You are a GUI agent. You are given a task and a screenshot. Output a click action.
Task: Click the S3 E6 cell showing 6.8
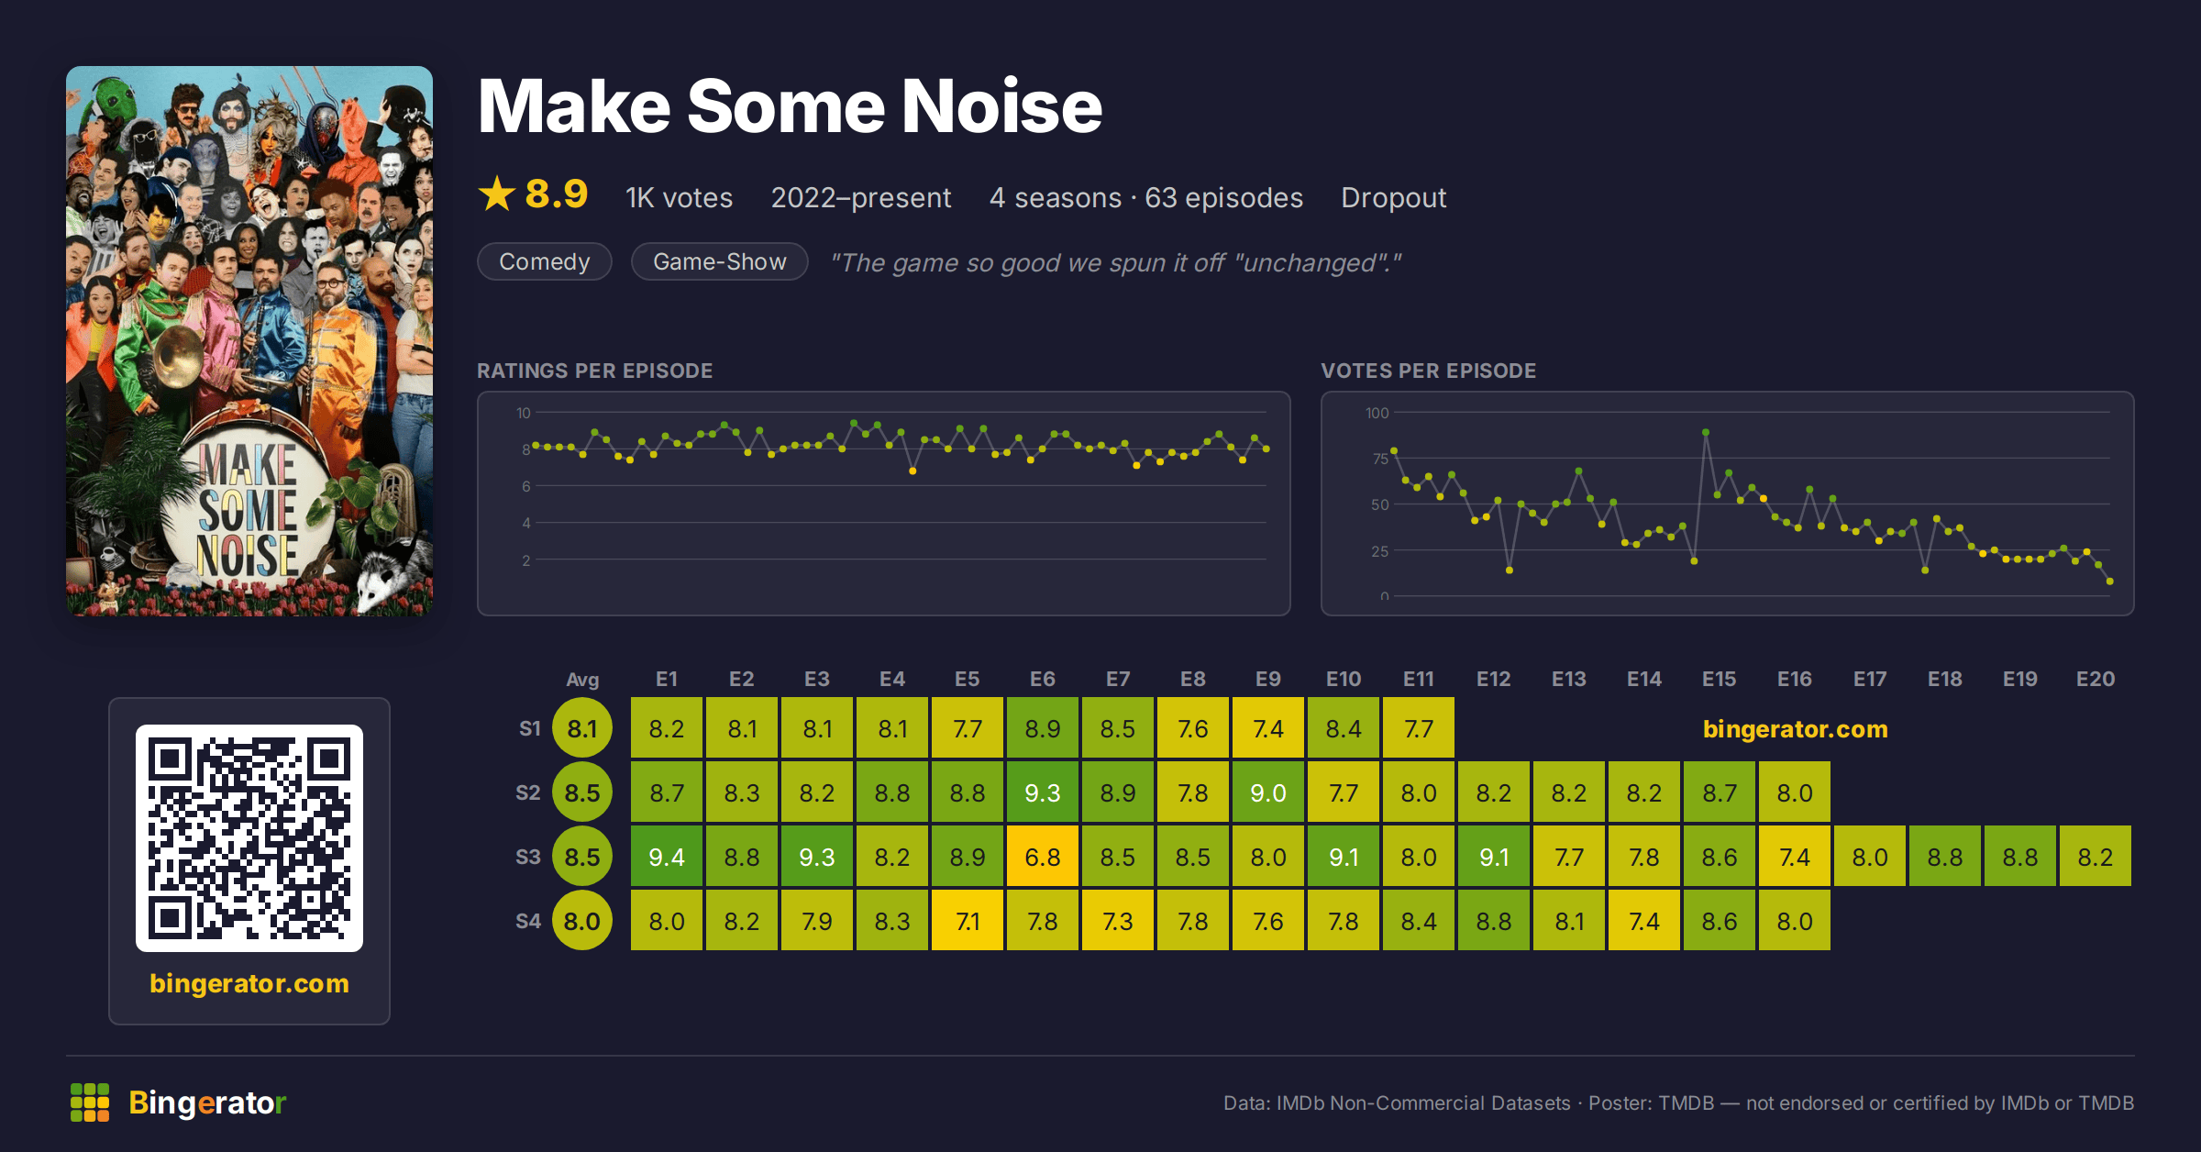click(1043, 856)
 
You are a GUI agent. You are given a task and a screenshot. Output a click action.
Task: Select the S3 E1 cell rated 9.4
click(667, 856)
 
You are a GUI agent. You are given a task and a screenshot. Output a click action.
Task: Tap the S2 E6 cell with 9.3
click(1043, 792)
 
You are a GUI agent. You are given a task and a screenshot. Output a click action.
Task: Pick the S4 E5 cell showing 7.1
click(968, 920)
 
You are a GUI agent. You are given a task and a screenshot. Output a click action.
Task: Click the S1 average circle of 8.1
click(582, 728)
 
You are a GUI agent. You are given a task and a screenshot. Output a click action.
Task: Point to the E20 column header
click(2096, 679)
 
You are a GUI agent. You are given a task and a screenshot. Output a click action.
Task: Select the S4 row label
click(528, 921)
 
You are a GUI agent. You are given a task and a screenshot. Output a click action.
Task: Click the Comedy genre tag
click(545, 261)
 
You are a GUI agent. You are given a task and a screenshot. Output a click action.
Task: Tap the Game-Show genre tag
click(720, 261)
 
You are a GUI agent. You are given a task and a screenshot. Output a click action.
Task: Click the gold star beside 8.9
click(497, 194)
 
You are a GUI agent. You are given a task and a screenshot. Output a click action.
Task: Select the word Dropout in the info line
click(1393, 197)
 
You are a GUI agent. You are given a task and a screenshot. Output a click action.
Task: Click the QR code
click(249, 838)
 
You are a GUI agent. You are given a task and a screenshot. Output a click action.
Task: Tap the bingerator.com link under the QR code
click(249, 983)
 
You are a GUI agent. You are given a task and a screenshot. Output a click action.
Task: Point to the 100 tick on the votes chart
click(1377, 413)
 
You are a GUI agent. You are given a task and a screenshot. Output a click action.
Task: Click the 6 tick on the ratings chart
click(526, 486)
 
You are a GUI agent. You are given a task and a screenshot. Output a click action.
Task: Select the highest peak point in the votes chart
click(1706, 432)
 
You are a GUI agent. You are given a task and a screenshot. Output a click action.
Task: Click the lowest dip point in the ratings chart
click(912, 471)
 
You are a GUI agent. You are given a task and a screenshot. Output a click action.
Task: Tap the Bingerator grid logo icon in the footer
click(90, 1102)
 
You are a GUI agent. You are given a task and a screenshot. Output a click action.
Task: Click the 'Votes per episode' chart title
click(1428, 371)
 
